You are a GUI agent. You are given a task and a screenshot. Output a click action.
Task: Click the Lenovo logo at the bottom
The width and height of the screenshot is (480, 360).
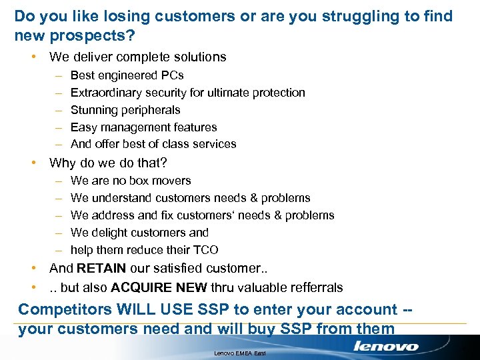tap(385, 346)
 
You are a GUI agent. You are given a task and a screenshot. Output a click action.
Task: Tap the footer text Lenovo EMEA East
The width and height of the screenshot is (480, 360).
tap(239, 353)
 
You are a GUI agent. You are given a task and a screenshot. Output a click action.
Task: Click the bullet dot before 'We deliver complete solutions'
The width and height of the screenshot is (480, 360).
tap(33, 57)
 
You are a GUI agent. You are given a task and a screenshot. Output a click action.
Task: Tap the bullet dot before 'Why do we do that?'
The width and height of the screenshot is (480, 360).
tap(33, 163)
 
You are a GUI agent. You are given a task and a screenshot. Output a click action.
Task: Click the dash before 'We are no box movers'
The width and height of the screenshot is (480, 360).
tap(58, 181)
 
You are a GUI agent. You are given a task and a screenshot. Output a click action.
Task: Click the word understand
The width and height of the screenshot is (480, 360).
tap(122, 198)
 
